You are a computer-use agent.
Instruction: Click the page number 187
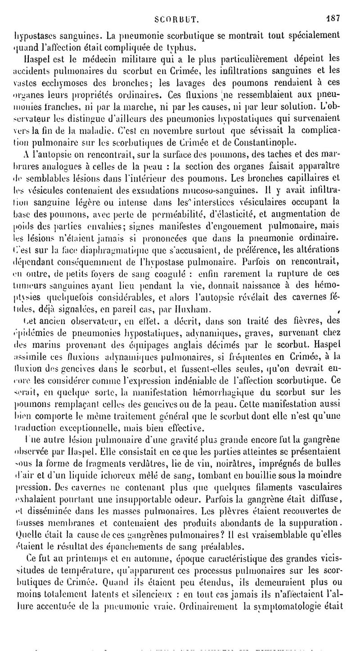click(x=333, y=7)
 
